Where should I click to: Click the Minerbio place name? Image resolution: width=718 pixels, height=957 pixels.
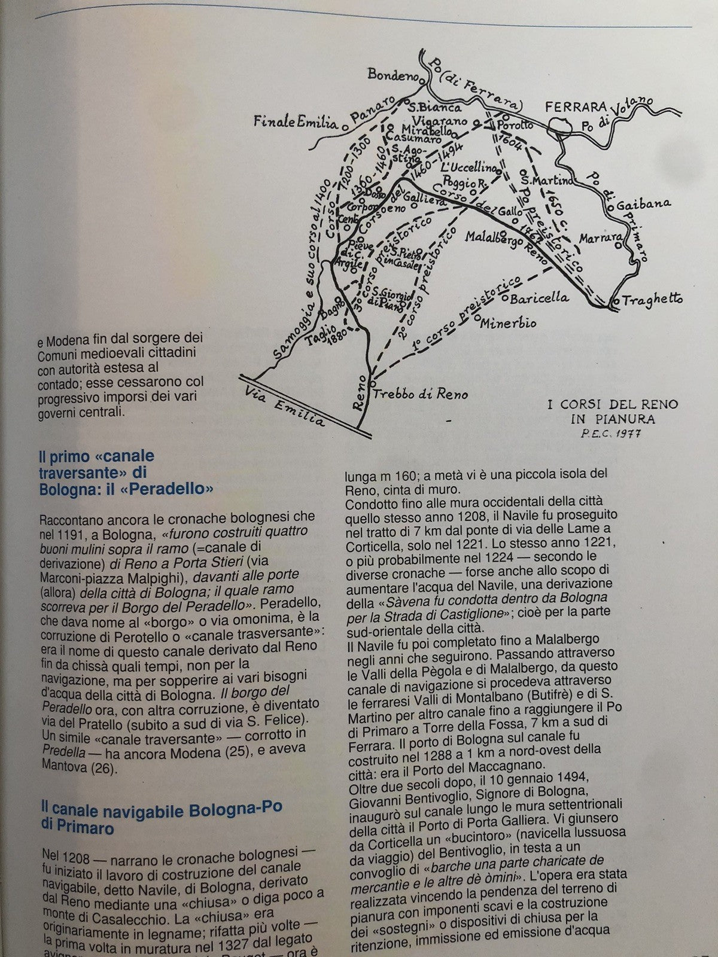pos(510,324)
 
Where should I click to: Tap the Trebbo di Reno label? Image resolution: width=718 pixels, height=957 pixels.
pos(421,394)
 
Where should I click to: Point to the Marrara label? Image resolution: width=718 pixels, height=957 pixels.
pos(598,238)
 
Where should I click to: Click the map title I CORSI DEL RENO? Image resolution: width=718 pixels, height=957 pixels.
pos(613,405)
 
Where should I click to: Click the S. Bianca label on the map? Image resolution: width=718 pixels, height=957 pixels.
pos(434,108)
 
